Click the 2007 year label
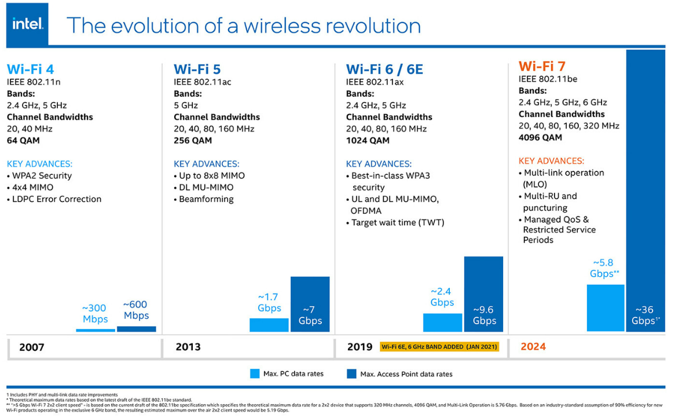coord(31,347)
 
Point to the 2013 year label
coord(188,347)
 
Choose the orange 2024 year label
coord(533,347)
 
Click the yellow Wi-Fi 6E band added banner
coord(439,347)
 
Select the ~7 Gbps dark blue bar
coord(310,304)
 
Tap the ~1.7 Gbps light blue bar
coord(269,325)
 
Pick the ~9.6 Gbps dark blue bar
coord(483,294)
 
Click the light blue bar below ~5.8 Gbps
coord(606,307)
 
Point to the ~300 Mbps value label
coord(95,314)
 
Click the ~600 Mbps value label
coord(136,310)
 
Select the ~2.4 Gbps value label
coord(442,297)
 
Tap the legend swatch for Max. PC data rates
coord(255,373)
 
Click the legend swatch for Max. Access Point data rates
coord(351,373)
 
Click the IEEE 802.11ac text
coord(203,82)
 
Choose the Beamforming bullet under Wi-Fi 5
coord(206,199)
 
